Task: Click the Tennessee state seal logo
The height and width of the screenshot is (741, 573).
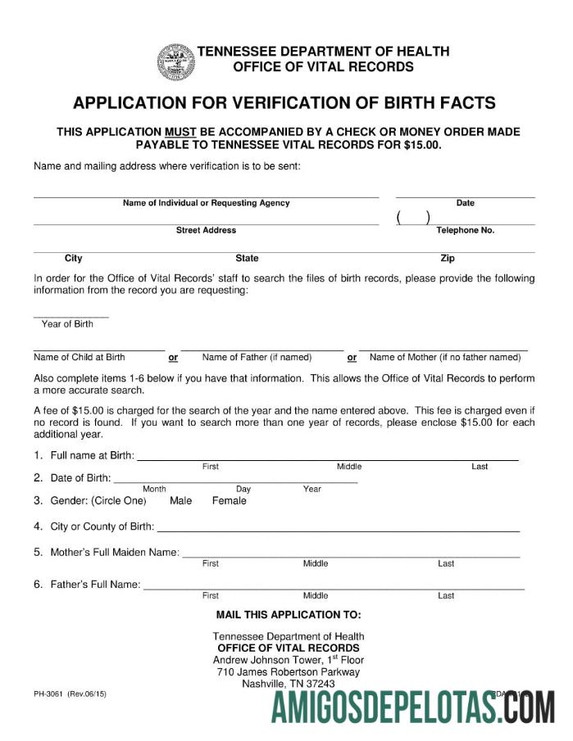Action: coord(176,61)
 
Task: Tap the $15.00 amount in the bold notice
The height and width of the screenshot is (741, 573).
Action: coord(423,145)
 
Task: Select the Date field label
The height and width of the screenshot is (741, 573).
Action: coord(466,203)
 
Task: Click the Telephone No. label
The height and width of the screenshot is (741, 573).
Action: coord(465,231)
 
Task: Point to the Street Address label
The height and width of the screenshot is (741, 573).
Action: coord(206,231)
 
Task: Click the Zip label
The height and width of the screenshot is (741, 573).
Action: coord(448,259)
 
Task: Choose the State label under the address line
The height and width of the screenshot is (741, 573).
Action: coord(247,259)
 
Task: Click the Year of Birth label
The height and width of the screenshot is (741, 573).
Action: coord(67,324)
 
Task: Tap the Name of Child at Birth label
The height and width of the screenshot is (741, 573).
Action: coord(80,357)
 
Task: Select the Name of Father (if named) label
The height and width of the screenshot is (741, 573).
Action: coord(257,357)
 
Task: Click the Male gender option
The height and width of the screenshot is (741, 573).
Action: coord(180,501)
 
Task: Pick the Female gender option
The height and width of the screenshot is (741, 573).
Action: coord(229,501)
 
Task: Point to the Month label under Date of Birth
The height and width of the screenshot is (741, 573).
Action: coord(154,490)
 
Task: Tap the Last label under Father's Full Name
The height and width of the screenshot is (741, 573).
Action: coord(446,596)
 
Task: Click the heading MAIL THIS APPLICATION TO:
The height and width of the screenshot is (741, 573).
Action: coord(288,615)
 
